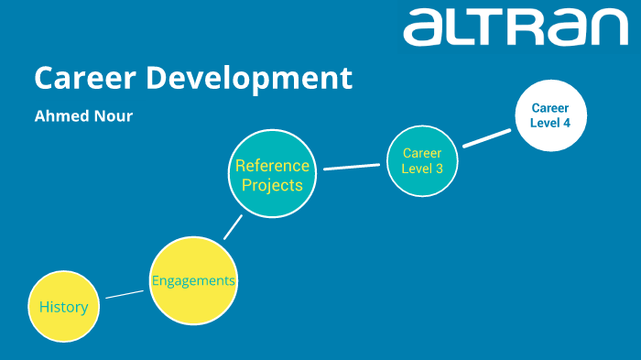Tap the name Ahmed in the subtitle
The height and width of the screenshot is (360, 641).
click(61, 116)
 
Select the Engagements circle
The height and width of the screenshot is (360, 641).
click(193, 280)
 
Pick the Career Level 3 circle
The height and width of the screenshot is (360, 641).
click(421, 161)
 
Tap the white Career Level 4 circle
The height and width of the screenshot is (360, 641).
click(550, 115)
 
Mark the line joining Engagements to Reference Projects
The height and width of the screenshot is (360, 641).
click(234, 226)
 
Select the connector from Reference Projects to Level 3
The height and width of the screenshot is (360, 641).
click(352, 167)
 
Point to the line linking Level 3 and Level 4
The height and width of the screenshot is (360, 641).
click(486, 137)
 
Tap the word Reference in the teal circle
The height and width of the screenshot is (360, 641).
click(272, 166)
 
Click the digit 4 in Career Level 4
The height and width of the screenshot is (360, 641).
click(568, 123)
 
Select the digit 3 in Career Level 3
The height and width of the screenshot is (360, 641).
click(440, 169)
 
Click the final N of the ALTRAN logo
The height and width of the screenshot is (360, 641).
click(607, 27)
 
